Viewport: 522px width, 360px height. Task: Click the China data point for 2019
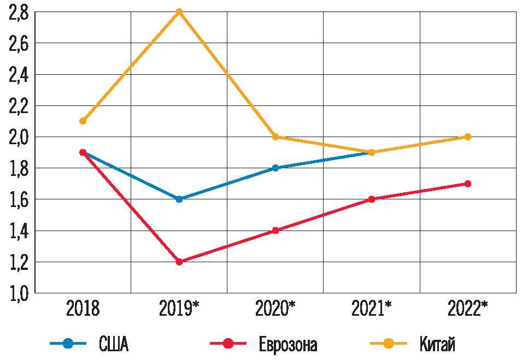[x=179, y=11]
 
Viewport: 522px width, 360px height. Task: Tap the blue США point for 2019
[x=179, y=199]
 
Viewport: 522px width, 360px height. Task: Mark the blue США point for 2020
[x=275, y=168]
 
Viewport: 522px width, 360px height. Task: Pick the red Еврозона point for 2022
[x=468, y=184]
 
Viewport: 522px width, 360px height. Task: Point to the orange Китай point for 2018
[x=83, y=121]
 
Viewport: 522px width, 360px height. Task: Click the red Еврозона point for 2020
[x=275, y=231]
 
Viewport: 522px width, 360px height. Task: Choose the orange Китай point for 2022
[x=468, y=137]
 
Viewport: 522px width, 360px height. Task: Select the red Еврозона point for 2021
[x=372, y=199]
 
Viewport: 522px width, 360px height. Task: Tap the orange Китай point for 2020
[x=275, y=137]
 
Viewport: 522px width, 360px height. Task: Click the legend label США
[x=114, y=345]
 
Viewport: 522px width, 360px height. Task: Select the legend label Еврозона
[x=288, y=345]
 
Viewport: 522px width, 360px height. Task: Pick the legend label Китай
[x=437, y=345]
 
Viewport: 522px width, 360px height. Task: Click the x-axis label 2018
[x=83, y=309]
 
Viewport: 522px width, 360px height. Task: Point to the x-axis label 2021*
[x=372, y=309]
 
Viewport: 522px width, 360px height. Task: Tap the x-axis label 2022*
[x=468, y=309]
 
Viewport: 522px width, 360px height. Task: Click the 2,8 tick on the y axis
[x=18, y=13]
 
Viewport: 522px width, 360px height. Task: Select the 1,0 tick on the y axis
[x=18, y=293]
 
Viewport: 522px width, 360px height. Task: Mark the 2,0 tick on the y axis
[x=18, y=137]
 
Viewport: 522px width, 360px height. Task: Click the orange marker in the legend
[x=389, y=344]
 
